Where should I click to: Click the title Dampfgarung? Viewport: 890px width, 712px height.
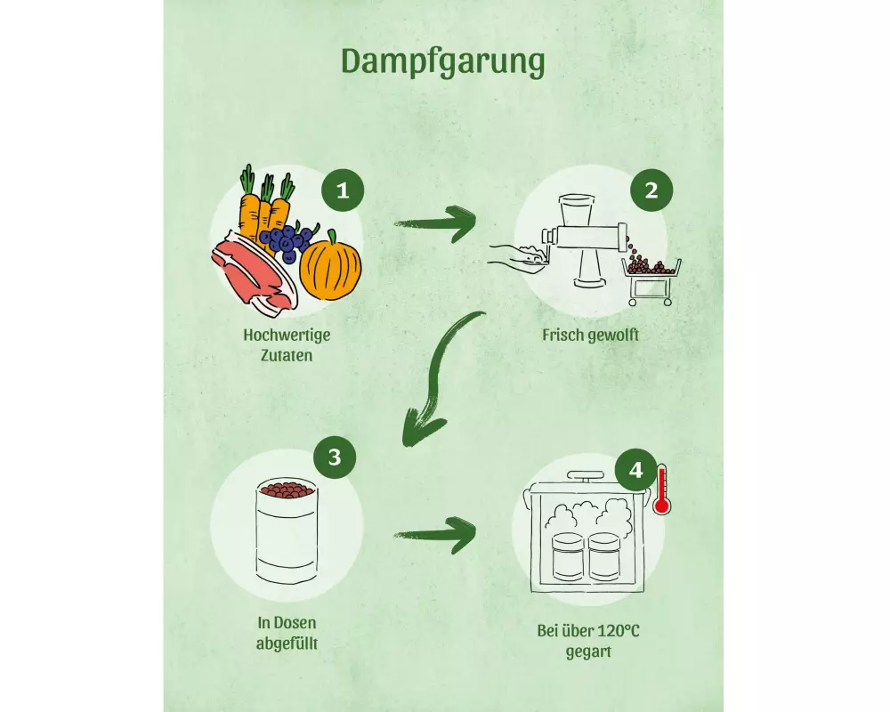(x=442, y=61)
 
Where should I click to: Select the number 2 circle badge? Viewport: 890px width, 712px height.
(x=651, y=190)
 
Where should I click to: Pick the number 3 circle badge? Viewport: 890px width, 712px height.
(x=334, y=457)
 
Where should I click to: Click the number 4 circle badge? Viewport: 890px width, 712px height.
(x=635, y=469)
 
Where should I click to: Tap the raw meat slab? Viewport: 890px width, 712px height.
(x=248, y=267)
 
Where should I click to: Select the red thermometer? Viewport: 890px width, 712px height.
(x=661, y=489)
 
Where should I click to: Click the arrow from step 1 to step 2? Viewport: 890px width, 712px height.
(x=435, y=223)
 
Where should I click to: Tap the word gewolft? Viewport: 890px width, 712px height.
(x=613, y=336)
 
